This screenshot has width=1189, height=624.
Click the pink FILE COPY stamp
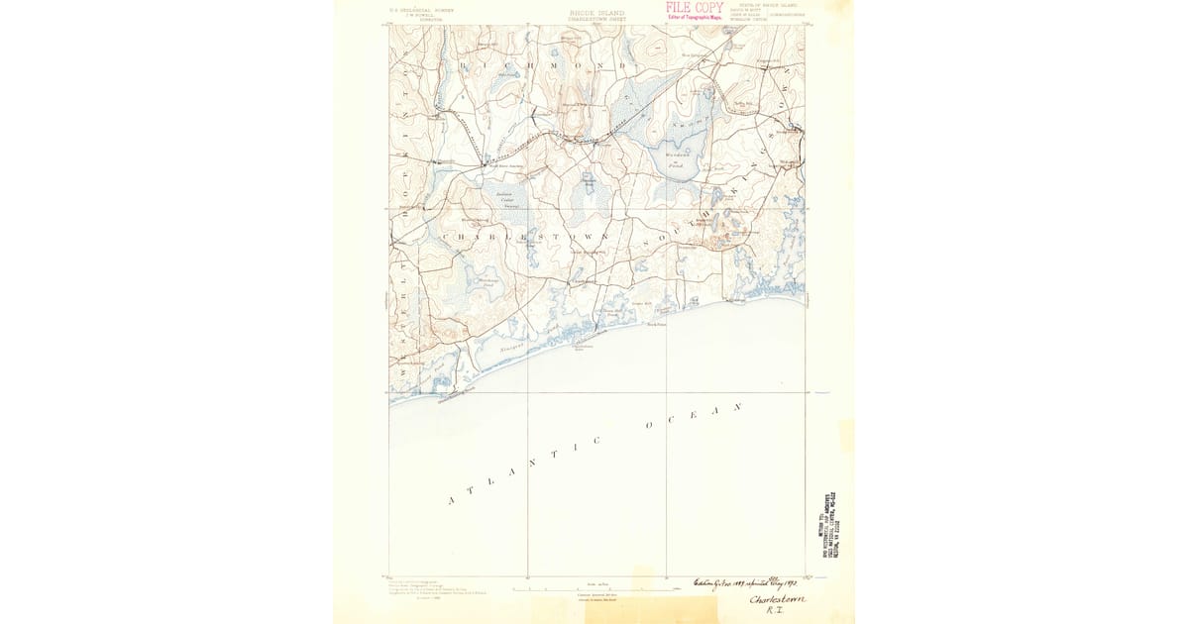pos(694,7)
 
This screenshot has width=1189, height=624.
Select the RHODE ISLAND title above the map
pos(596,13)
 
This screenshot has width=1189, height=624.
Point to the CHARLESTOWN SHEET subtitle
pos(596,19)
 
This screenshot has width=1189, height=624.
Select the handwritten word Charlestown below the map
pos(778,599)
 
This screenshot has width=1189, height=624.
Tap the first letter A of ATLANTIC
pos(453,501)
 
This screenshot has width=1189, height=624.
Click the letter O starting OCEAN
pos(648,426)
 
